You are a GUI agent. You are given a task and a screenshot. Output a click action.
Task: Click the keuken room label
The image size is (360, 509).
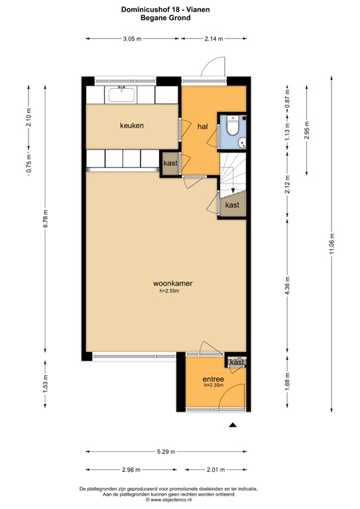click(132, 126)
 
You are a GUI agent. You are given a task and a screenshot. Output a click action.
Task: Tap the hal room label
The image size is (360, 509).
click(203, 127)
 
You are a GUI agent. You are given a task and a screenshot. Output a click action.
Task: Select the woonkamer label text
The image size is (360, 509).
click(172, 284)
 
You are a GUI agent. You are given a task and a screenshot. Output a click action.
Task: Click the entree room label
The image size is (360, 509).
click(213, 379)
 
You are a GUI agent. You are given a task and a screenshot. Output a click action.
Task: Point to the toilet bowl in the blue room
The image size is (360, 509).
click(233, 126)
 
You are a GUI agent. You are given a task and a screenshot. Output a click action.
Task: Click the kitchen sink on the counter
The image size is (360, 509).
click(121, 95)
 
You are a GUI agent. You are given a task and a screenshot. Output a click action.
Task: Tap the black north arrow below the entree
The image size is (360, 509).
click(233, 425)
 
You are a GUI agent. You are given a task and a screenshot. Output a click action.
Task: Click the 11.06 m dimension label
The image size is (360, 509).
click(331, 245)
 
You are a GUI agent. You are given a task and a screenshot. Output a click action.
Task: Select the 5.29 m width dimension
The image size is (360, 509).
click(166, 451)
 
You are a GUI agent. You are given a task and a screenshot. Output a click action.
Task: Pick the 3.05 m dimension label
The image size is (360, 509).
click(132, 39)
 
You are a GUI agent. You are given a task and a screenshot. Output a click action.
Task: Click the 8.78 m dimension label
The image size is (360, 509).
click(46, 219)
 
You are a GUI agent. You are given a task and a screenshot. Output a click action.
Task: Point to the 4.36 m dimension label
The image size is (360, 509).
click(287, 286)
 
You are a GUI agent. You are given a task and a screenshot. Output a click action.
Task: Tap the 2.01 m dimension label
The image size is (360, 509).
click(216, 470)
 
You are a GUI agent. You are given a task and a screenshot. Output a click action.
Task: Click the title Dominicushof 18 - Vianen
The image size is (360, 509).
click(166, 9)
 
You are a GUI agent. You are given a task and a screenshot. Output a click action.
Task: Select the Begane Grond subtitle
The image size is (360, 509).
click(166, 18)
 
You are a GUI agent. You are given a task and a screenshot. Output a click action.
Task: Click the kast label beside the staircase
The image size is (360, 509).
click(232, 205)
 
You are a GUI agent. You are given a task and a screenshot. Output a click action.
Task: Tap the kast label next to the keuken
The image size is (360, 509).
click(170, 163)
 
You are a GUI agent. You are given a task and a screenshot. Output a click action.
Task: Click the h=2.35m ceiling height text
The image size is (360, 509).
click(213, 385)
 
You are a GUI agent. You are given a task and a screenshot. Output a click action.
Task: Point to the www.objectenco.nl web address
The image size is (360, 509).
click(169, 500)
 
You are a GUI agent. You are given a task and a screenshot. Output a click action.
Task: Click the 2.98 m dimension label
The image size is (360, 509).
click(131, 470)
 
